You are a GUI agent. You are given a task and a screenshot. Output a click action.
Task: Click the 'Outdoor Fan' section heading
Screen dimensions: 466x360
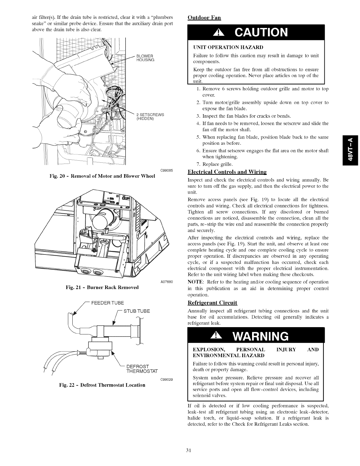click(204, 17)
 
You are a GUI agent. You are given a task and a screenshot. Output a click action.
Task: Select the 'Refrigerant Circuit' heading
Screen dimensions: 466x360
click(212, 303)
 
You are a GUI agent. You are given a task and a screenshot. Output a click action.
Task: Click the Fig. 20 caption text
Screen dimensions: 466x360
click(103, 176)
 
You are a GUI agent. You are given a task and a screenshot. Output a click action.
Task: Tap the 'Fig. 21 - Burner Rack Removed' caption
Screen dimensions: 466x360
click(102, 287)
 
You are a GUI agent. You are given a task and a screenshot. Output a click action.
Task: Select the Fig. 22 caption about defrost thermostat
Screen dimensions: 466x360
click(102, 385)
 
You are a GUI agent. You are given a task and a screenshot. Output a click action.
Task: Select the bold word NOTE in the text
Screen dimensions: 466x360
click(194, 282)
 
